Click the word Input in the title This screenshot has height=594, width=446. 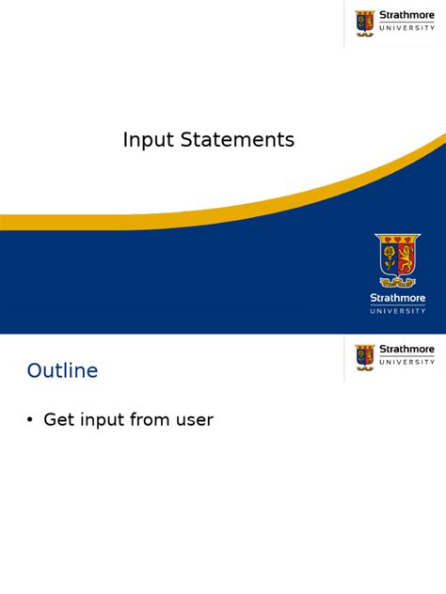145,141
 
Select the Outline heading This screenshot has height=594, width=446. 62,371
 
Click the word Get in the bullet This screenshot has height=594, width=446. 59,420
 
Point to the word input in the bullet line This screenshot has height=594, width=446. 104,421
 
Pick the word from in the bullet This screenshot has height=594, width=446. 155,420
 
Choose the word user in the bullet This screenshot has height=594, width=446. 196,420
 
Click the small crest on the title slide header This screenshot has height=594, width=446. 365,23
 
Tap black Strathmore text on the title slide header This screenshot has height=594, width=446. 406,15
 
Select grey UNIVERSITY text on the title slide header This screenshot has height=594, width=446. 406,28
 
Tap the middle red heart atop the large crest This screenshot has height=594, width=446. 397,239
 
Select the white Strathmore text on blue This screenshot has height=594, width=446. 397,298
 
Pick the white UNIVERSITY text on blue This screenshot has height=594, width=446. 397,310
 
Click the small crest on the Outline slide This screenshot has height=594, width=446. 365,356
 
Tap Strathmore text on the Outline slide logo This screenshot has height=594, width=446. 406,350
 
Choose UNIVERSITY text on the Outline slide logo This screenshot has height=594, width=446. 406,362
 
